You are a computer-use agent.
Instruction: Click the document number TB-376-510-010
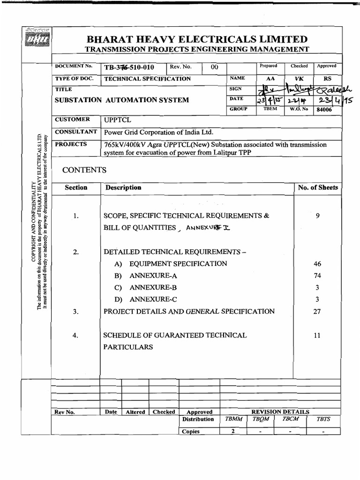129,67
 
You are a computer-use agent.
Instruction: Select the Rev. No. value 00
215,67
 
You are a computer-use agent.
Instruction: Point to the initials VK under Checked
298,79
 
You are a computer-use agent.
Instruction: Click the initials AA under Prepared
270,79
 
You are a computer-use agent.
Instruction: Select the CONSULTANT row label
76,132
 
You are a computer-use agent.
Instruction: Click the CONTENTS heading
84,170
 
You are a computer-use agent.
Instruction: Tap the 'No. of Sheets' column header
317,187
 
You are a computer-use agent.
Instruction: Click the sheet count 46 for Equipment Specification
317,264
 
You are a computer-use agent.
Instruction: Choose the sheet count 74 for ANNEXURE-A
317,276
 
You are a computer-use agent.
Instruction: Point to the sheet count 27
317,311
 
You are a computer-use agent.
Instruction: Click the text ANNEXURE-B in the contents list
153,287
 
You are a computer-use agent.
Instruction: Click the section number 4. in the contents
76,335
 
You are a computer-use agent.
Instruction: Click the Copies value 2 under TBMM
233,431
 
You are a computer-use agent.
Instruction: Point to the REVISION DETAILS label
280,412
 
